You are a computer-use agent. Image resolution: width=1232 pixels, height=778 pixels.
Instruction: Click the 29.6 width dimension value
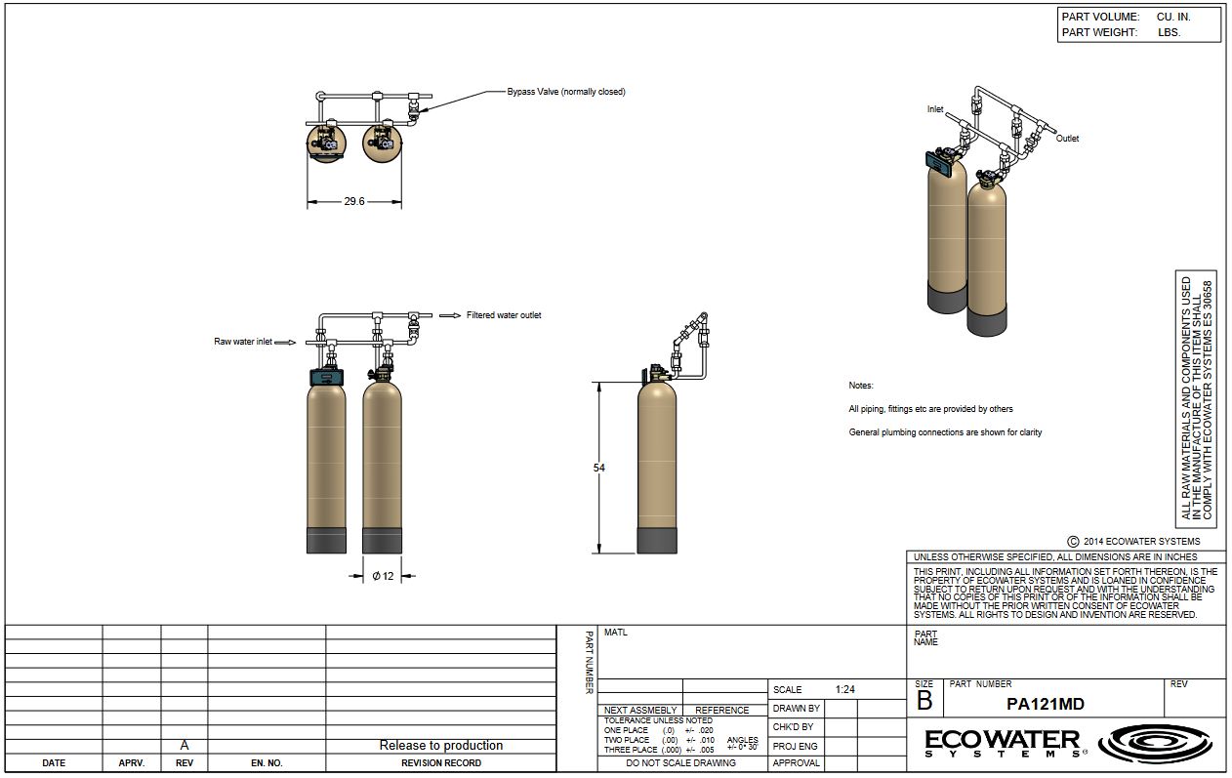point(354,201)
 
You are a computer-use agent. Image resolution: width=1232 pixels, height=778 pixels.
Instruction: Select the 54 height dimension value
point(598,468)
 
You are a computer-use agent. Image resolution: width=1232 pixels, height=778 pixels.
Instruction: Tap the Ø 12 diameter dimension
point(383,576)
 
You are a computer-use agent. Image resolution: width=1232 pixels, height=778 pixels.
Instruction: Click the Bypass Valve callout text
point(566,92)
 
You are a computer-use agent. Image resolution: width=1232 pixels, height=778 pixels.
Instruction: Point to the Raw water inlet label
point(242,342)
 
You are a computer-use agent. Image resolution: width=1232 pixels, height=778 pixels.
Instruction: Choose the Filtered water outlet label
point(504,315)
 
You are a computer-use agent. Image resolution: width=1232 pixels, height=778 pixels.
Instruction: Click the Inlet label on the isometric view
point(935,109)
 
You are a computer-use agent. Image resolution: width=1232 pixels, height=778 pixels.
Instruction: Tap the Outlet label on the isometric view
point(1067,139)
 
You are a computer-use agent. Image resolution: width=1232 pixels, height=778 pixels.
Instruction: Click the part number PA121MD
point(1045,705)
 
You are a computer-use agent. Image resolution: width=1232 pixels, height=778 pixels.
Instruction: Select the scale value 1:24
point(844,689)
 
